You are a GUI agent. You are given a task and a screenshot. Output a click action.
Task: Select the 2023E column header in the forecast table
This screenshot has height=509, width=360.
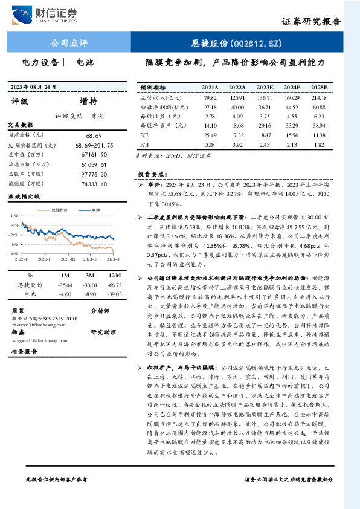point(265,88)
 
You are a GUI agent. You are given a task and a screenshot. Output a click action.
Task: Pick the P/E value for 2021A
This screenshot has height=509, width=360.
point(210,135)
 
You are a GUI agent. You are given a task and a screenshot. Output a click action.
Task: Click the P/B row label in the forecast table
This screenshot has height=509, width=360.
point(144,144)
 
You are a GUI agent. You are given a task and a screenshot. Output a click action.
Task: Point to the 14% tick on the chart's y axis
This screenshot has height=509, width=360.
point(14,215)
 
